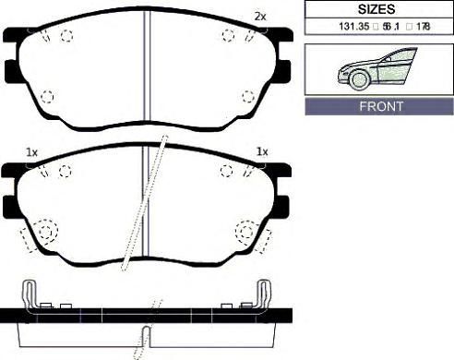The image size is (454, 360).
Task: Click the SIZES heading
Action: [x=376, y=9]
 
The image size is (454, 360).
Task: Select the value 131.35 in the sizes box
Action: [x=354, y=27]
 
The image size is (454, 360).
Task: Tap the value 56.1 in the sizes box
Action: [x=391, y=27]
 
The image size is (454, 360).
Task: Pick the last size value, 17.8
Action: [x=424, y=27]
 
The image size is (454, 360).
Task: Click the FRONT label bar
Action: [x=379, y=106]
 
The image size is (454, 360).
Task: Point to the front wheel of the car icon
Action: [x=359, y=79]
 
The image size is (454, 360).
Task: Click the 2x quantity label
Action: [x=260, y=17]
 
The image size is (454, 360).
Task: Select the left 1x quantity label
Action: [x=31, y=152]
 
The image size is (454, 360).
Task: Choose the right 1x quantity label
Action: [x=262, y=151]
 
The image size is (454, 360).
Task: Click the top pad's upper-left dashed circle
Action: [x=66, y=36]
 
